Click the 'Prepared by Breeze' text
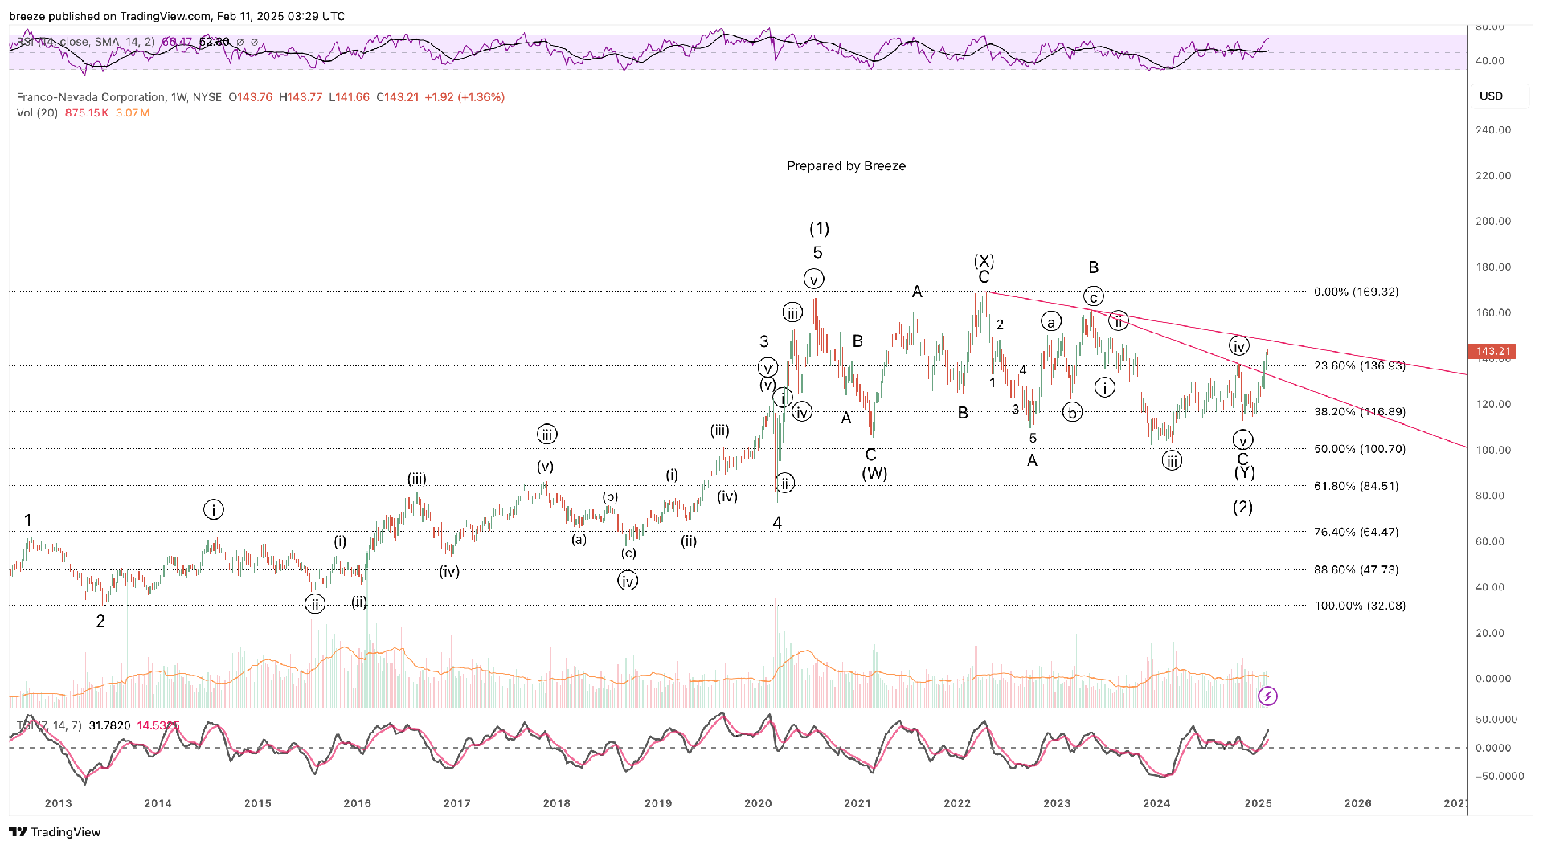846,166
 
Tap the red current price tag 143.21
1492,351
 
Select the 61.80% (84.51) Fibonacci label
1356,486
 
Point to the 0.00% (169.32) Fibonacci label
1356,292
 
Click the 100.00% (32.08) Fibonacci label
1360,606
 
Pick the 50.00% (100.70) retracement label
1360,449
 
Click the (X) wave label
984,261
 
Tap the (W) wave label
874,473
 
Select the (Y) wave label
1244,473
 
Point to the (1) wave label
819,229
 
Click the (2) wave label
1242,507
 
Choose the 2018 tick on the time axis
556,803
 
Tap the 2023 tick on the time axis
1057,803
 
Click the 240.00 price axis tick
1493,130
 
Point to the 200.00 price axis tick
1493,222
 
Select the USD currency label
1491,96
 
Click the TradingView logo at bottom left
55,832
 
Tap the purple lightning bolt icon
1267,696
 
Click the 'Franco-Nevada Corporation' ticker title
91,97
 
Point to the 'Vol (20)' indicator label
37,113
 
